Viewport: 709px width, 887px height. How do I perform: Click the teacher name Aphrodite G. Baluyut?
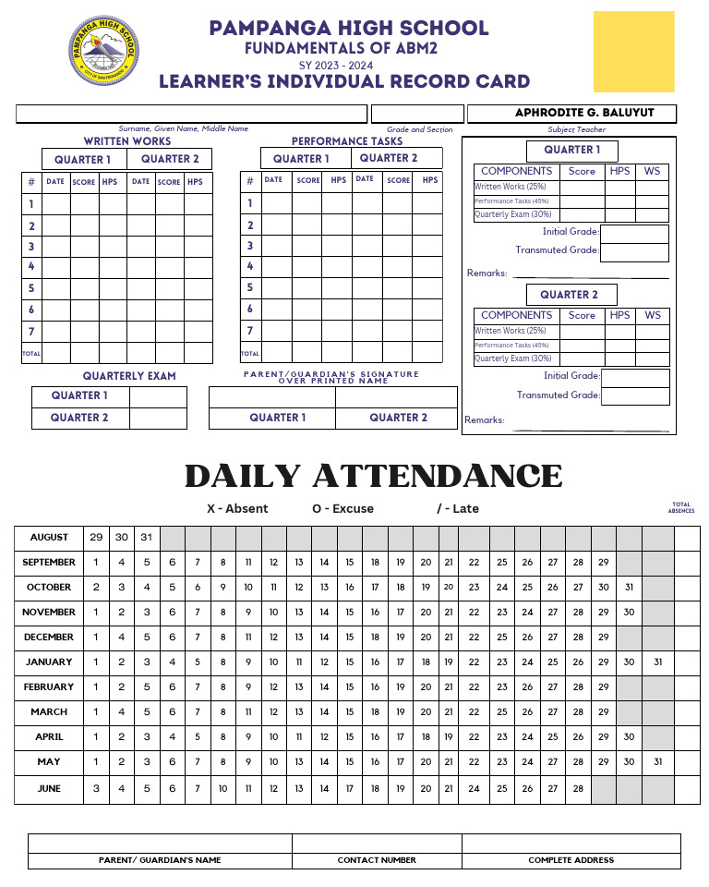pos(571,113)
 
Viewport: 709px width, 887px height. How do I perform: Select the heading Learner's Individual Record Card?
pos(344,82)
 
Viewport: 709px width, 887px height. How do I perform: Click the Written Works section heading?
pos(127,141)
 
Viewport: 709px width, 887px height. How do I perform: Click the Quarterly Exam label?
pos(129,376)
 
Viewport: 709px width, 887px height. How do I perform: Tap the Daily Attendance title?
pos(374,476)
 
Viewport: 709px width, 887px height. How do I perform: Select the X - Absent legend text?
pos(237,509)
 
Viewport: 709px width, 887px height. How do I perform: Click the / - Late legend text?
pos(458,509)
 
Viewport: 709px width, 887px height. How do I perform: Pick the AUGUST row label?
pos(49,538)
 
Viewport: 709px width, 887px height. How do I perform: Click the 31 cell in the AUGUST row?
pos(147,538)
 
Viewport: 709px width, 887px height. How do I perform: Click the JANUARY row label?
pos(49,662)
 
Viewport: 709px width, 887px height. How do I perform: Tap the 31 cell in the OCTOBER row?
pos(629,588)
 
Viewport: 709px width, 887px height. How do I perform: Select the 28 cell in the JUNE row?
pos(578,789)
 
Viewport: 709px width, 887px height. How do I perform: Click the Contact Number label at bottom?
pos(377,860)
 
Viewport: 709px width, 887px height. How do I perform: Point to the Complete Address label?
pos(571,860)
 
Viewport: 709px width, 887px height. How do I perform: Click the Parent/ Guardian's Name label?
pos(160,860)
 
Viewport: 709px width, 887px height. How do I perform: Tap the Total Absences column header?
pos(681,508)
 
